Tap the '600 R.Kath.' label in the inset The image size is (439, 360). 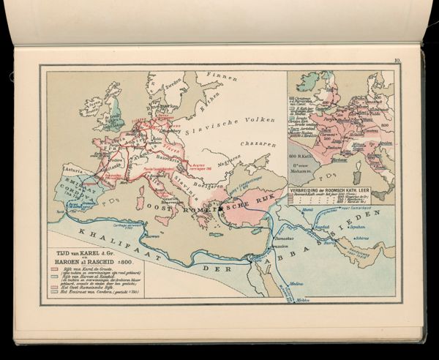[303, 155]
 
